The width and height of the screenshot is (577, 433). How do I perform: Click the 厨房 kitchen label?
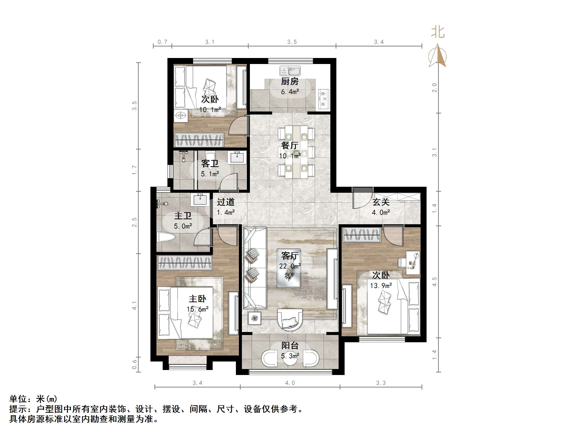pos(290,81)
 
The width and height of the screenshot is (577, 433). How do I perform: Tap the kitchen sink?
pos(290,71)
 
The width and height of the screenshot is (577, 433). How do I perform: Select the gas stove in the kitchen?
pos(324,99)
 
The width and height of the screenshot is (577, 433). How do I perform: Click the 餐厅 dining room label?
pos(290,145)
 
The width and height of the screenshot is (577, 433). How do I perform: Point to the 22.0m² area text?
pos(290,266)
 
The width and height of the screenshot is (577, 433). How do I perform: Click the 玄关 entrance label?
pos(381,202)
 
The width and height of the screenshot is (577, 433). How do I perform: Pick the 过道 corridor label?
pos(226,202)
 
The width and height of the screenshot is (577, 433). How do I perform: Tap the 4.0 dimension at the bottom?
pos(290,383)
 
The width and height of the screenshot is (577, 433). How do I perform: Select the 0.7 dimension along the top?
pos(162,42)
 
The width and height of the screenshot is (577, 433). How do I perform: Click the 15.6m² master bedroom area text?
pos(197,309)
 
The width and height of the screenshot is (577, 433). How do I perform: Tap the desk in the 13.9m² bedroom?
pos(413,262)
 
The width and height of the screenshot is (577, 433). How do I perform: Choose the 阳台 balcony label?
pos(290,345)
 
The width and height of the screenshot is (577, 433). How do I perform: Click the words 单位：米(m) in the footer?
pos(33,399)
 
